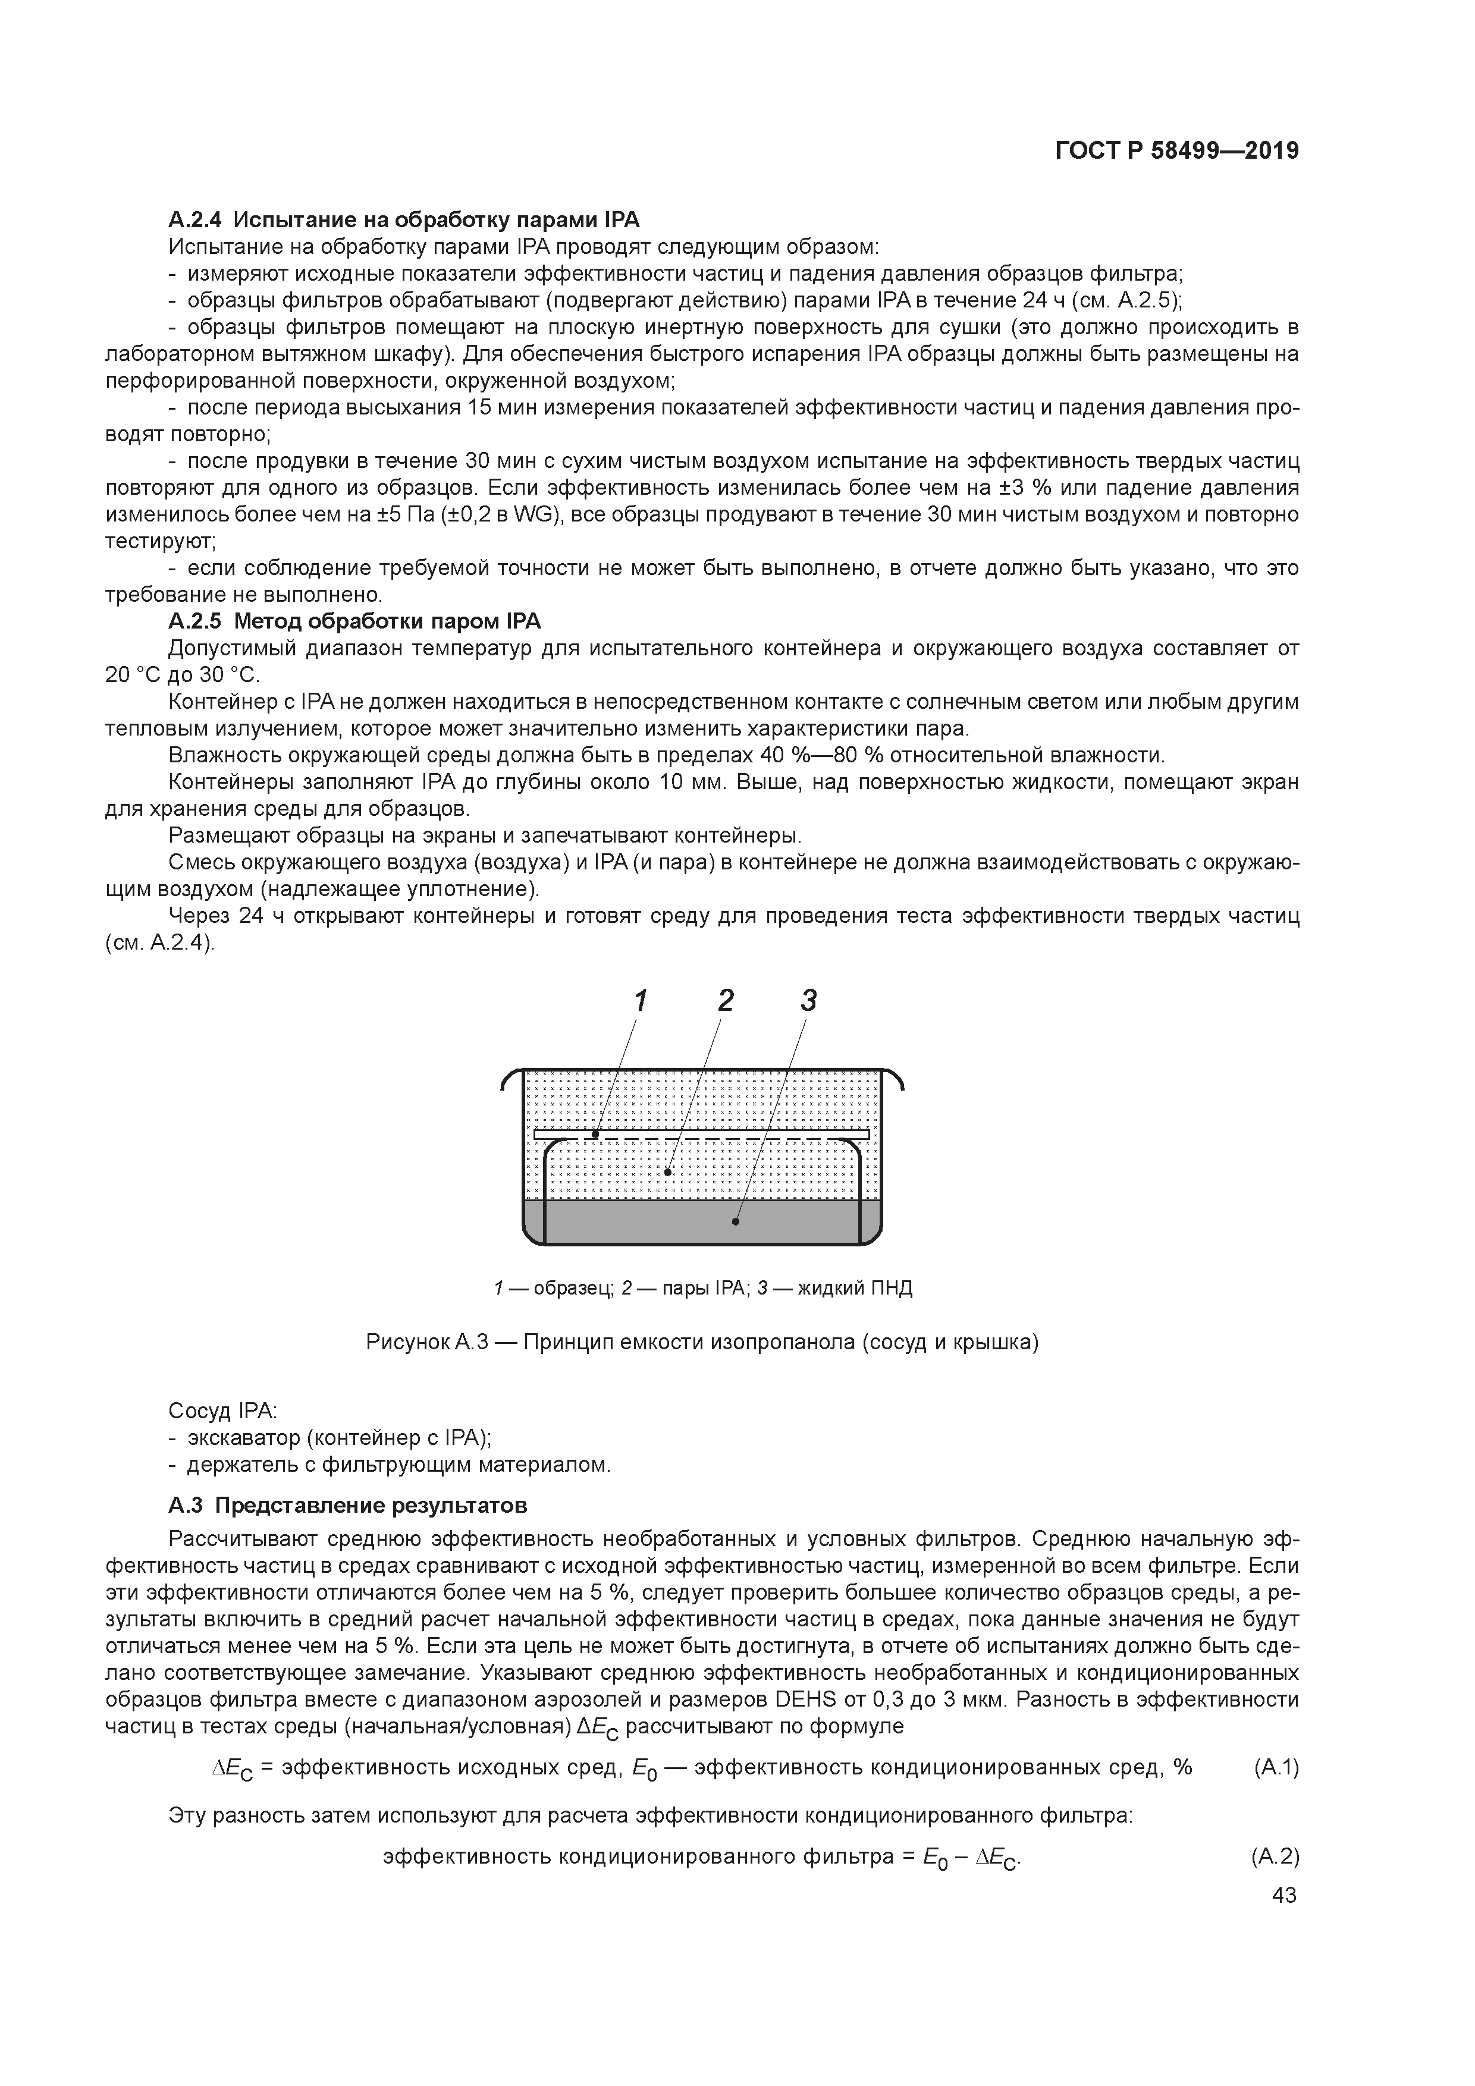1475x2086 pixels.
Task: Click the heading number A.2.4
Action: click(x=194, y=220)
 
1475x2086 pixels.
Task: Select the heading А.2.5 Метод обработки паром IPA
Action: click(x=354, y=621)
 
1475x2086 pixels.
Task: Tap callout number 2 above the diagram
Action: click(x=724, y=1000)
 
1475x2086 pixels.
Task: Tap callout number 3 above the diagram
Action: click(x=808, y=1000)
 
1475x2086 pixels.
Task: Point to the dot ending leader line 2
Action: click(x=668, y=1172)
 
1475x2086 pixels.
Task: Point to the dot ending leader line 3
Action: click(x=735, y=1222)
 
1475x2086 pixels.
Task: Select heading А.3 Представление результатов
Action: click(x=347, y=1506)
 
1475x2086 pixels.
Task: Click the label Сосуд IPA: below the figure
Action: click(x=222, y=1411)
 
